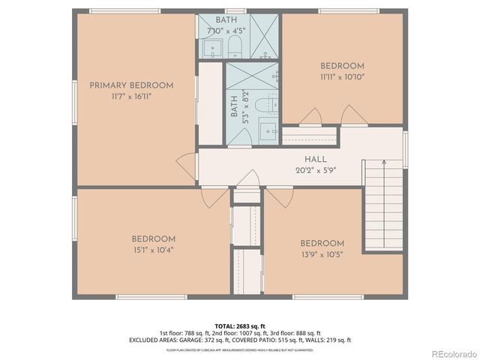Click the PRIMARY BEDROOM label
click(131, 85)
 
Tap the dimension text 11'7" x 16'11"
click(131, 96)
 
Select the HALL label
click(314, 159)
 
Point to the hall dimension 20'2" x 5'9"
click(314, 169)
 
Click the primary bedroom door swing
click(185, 166)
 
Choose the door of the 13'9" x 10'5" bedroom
click(279, 198)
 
